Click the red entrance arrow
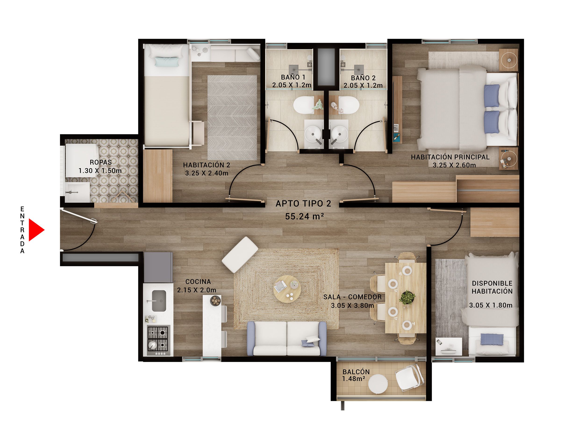click(36, 230)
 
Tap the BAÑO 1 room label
click(293, 77)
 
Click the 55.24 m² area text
click(304, 217)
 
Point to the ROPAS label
click(101, 162)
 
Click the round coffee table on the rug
click(287, 289)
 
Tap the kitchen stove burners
click(158, 338)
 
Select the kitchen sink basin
click(159, 301)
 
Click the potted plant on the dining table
click(407, 298)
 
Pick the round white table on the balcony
click(378, 384)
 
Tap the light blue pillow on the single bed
click(167, 62)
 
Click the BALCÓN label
click(356, 372)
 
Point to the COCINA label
click(198, 282)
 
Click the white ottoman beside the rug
click(240, 254)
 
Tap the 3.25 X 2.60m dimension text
click(454, 165)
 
